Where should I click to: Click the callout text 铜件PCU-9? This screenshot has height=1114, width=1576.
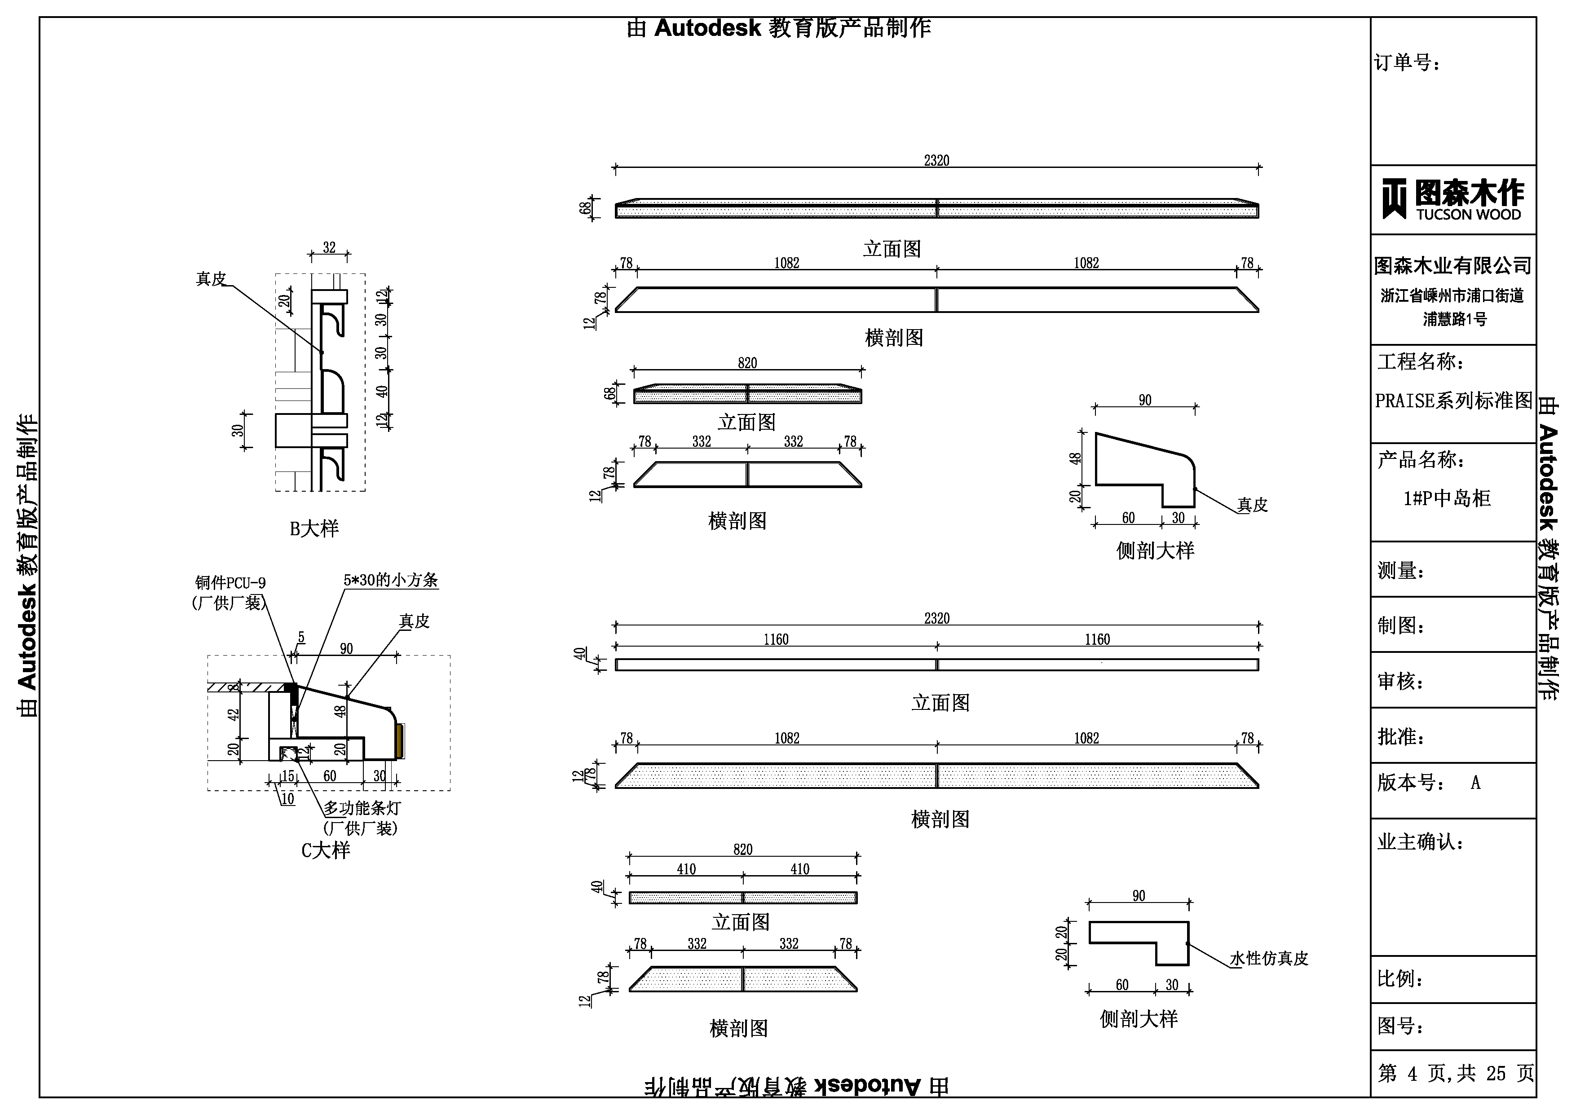click(230, 583)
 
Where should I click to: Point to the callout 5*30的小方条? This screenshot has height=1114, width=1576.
click(391, 580)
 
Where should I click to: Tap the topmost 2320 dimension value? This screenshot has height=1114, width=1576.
click(936, 161)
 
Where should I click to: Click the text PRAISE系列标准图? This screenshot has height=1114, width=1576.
click(1453, 401)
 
